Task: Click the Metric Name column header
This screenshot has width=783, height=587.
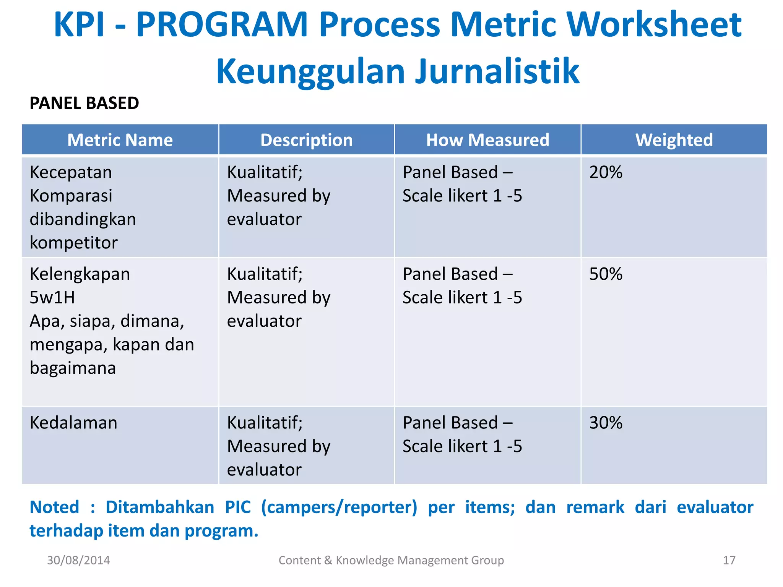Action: pos(120,140)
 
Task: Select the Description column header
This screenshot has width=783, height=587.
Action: pos(306,140)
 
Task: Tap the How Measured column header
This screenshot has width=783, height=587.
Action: pos(487,140)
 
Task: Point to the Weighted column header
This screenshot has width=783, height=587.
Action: pos(674,140)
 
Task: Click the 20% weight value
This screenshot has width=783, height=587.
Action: pos(606,172)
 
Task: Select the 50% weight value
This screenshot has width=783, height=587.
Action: pos(606,274)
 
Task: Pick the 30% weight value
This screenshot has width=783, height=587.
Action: pos(606,423)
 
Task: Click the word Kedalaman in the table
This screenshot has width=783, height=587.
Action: pos(73,423)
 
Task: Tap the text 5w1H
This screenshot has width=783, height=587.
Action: pos(52,297)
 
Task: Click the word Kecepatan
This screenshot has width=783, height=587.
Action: pos(71,172)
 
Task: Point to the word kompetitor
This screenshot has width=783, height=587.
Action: pos(73,243)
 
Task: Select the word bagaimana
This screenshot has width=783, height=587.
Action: pos(73,368)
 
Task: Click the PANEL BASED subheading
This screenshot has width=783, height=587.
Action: pos(84,103)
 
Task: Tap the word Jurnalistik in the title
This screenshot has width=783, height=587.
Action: pos(497,71)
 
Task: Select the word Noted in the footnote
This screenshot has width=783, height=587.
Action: pos(54,507)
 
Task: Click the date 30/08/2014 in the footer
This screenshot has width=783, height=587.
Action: pos(78,560)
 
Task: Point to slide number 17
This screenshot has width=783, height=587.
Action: pos(729,560)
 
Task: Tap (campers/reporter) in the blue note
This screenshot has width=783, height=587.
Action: pos(339,507)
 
